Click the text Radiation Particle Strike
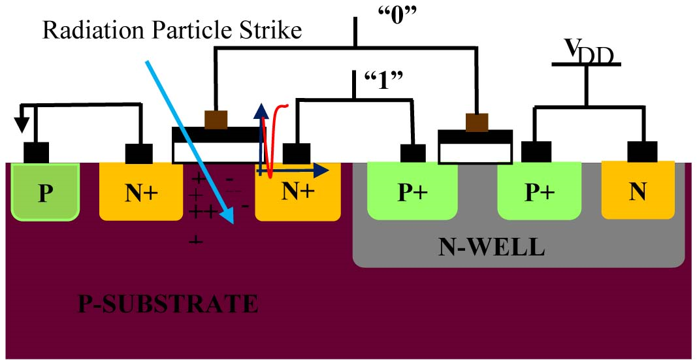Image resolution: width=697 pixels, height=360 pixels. click(172, 31)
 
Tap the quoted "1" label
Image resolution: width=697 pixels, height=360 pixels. click(383, 81)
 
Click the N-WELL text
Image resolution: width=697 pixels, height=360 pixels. click(491, 248)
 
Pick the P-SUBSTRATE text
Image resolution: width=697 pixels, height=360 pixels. click(168, 304)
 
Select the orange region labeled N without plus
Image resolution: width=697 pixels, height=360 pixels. click(638, 189)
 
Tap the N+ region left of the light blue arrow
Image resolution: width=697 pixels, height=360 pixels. click(141, 191)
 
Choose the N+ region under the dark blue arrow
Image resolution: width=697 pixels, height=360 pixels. click(298, 191)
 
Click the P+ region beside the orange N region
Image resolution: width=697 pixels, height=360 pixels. click(539, 191)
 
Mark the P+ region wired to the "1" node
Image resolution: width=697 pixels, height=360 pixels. click(412, 191)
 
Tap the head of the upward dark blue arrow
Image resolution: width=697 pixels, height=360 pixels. click(259, 112)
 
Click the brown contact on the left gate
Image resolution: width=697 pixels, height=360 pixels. click(216, 119)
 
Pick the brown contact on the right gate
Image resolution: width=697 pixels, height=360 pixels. click(477, 122)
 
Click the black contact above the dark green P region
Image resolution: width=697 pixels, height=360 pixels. click(36, 152)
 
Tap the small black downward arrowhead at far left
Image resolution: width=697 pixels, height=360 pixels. click(21, 127)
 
